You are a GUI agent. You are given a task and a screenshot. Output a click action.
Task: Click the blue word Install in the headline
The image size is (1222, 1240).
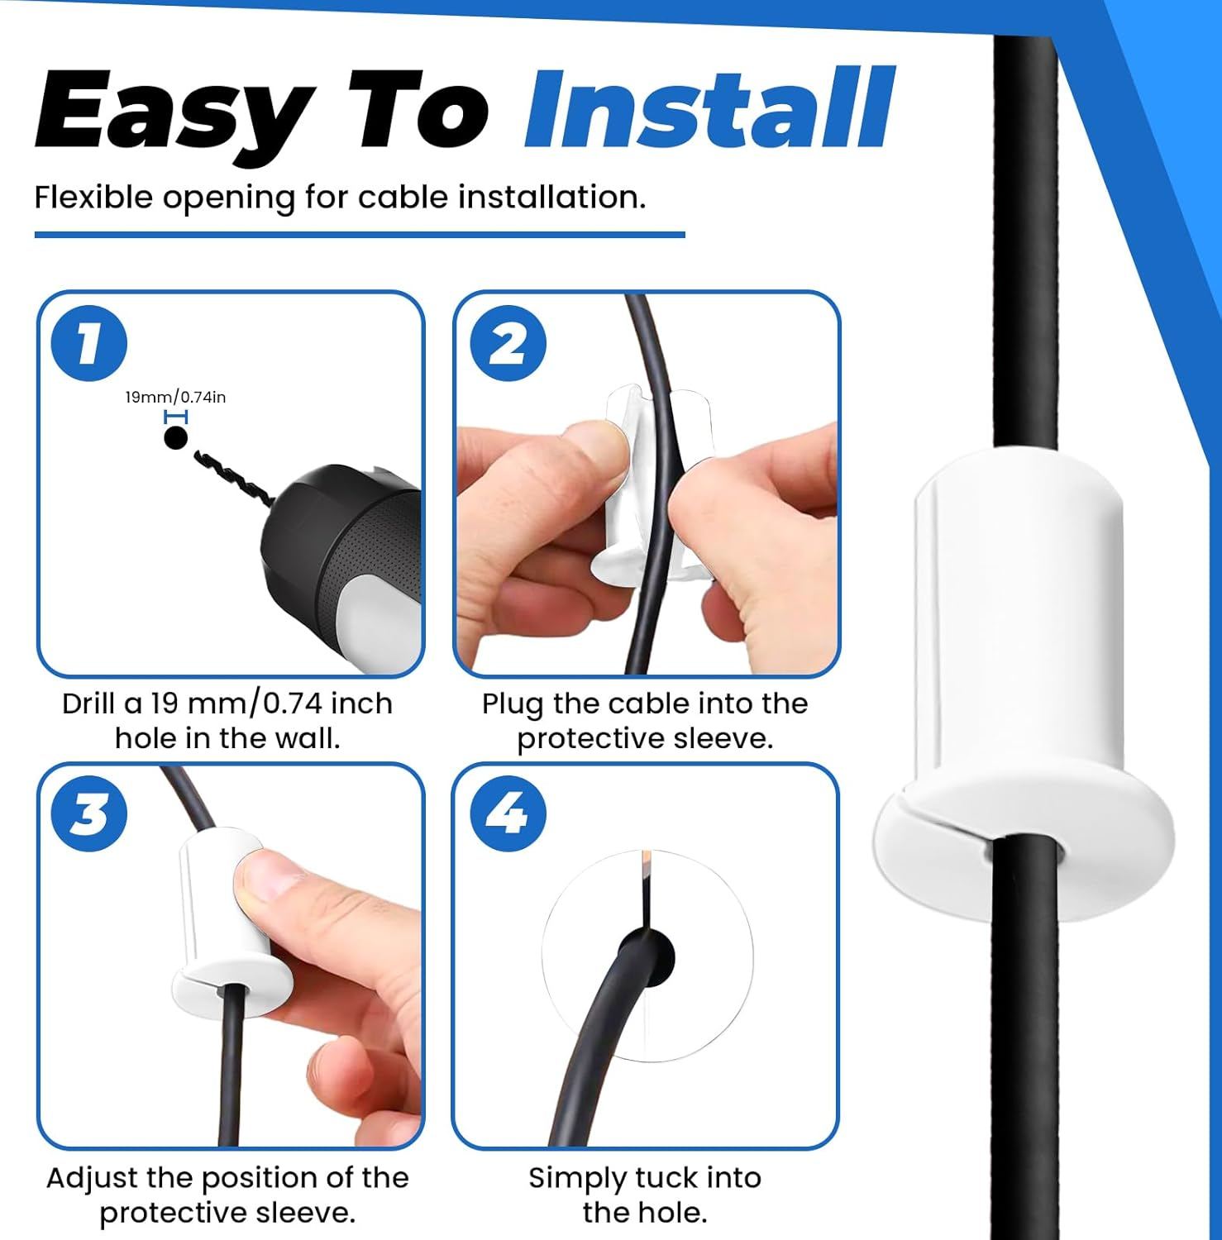tap(709, 110)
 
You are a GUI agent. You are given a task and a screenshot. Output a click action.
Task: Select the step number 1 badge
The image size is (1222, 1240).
tap(89, 343)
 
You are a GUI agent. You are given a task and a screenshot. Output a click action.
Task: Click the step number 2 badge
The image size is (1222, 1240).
tap(508, 343)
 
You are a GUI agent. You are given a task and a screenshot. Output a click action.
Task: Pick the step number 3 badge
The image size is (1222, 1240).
tap(89, 813)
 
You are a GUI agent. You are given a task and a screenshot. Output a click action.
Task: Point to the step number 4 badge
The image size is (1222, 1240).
tap(508, 813)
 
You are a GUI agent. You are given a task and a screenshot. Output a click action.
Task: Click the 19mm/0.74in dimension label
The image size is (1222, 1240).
tap(175, 398)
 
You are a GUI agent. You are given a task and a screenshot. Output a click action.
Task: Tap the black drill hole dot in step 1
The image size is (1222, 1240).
tap(175, 437)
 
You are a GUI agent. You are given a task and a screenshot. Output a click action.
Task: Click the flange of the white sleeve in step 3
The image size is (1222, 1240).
tap(232, 984)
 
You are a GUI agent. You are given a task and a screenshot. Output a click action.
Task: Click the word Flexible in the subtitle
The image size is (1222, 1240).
tap(93, 198)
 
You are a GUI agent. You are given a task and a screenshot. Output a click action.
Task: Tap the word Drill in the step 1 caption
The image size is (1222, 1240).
tap(89, 704)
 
